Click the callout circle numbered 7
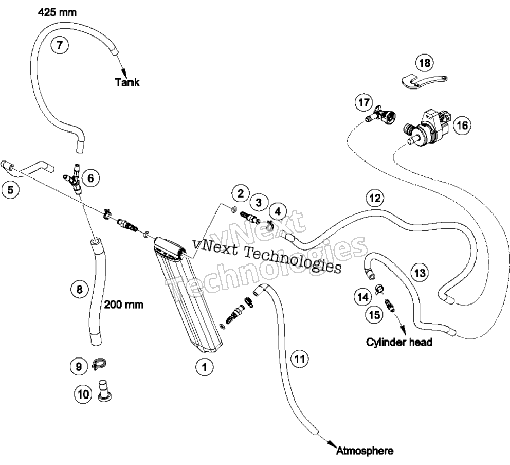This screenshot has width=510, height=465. (60, 45)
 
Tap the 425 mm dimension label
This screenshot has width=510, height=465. (57, 12)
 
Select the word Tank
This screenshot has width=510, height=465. (127, 82)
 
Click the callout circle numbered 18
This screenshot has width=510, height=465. (425, 62)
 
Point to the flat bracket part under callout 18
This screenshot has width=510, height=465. (423, 81)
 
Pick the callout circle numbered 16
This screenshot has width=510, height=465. (462, 125)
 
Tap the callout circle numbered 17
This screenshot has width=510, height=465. (363, 102)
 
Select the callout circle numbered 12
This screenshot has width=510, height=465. (375, 198)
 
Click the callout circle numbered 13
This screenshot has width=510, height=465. (420, 273)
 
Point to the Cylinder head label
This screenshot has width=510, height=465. (399, 342)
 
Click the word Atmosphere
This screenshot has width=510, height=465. (365, 451)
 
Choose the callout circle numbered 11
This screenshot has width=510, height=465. (299, 359)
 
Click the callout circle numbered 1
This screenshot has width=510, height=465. (204, 367)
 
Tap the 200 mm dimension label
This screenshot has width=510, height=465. (123, 305)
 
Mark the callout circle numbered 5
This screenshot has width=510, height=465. (10, 189)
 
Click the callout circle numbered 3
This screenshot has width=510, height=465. (259, 202)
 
